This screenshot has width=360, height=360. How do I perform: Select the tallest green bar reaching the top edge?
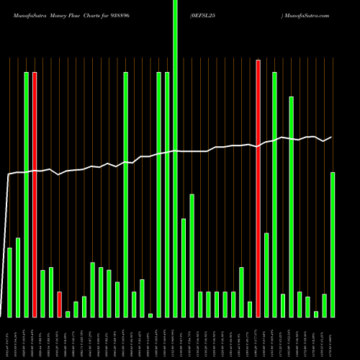175,158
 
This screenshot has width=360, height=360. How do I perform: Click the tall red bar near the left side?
35,194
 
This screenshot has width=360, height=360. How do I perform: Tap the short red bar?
59,304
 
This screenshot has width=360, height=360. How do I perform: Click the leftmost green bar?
9,282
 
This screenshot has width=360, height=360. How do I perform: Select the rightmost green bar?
333,245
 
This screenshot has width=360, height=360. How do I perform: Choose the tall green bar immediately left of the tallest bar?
167,194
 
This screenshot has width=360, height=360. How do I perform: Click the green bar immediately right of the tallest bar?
184,267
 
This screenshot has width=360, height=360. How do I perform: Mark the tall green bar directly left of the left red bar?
26,194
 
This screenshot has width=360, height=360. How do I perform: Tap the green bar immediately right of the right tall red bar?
266,275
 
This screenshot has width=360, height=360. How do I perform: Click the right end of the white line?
332,138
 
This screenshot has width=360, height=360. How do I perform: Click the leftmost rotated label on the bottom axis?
9,338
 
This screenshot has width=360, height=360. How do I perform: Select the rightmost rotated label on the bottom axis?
333,338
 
